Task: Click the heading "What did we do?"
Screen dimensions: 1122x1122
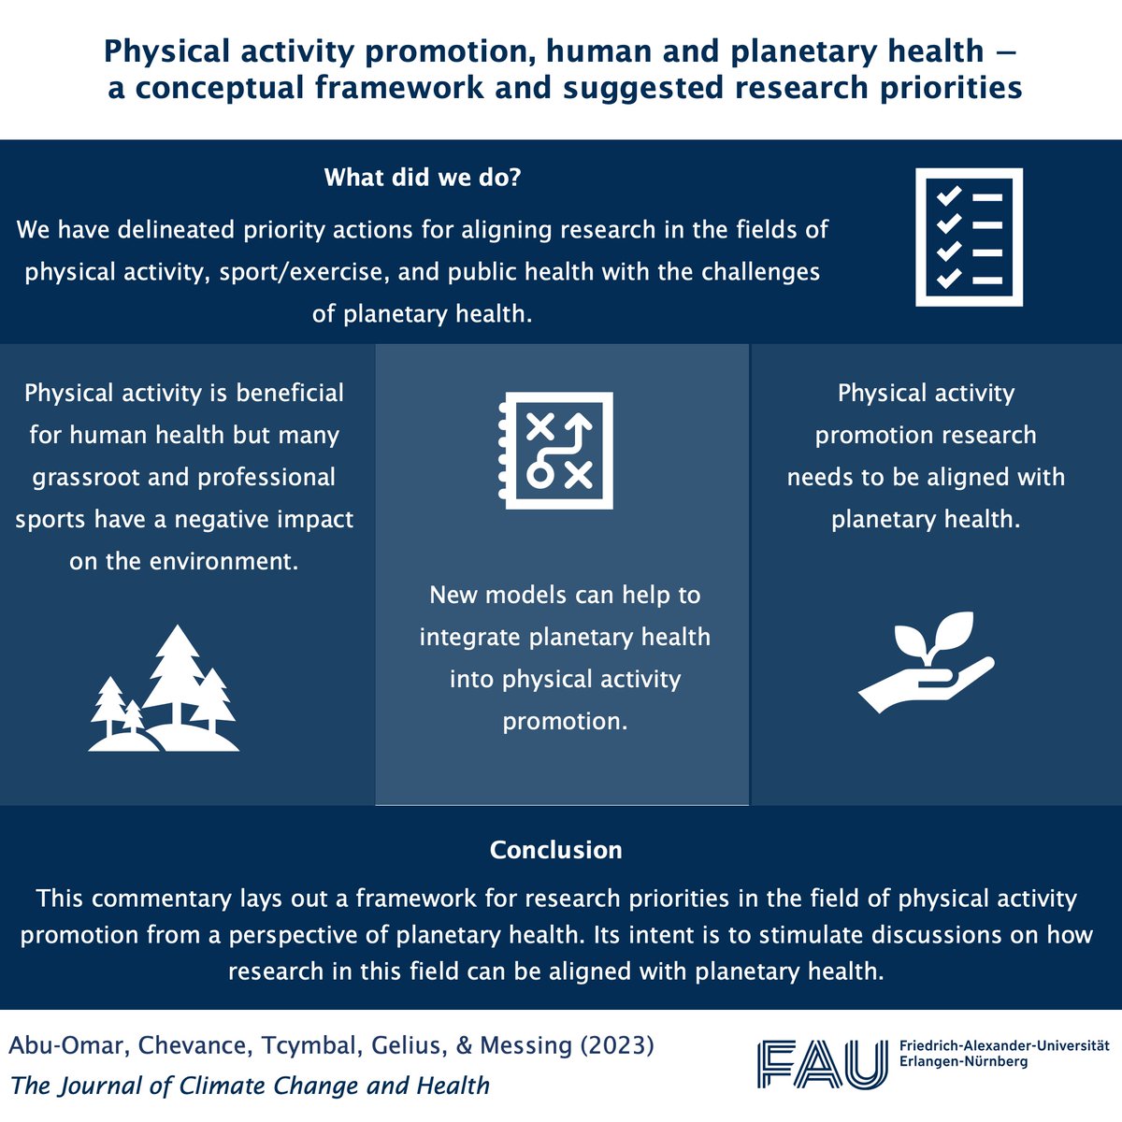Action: coord(422,178)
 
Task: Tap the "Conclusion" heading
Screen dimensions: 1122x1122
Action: coord(555,850)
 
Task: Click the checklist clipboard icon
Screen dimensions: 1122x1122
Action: coord(969,237)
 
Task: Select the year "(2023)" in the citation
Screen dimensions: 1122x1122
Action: coord(616,1045)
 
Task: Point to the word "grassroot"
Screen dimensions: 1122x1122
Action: coord(89,477)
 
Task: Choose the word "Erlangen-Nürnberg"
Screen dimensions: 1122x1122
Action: coord(962,1062)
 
